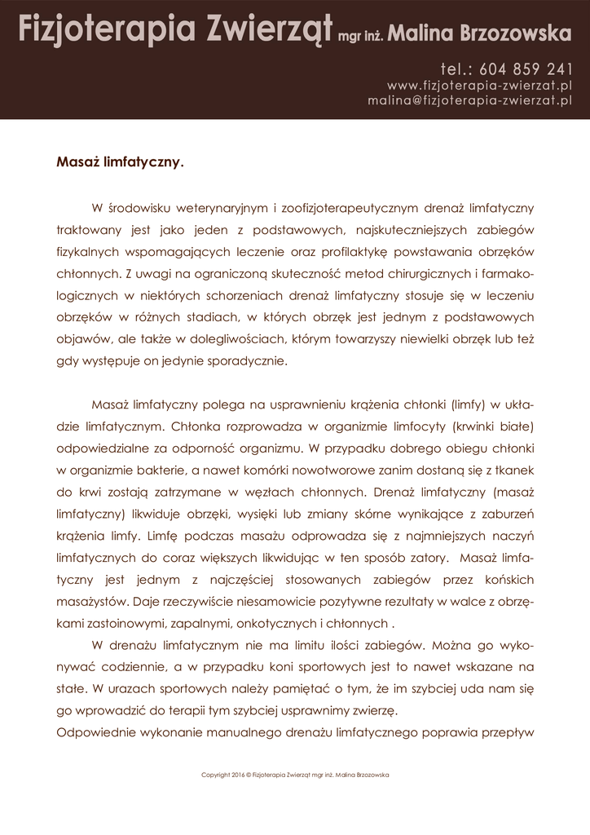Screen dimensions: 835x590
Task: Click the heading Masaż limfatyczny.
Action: [x=120, y=161]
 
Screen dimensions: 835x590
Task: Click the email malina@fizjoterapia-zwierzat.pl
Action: [x=470, y=100]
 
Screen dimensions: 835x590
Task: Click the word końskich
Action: [x=508, y=581]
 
